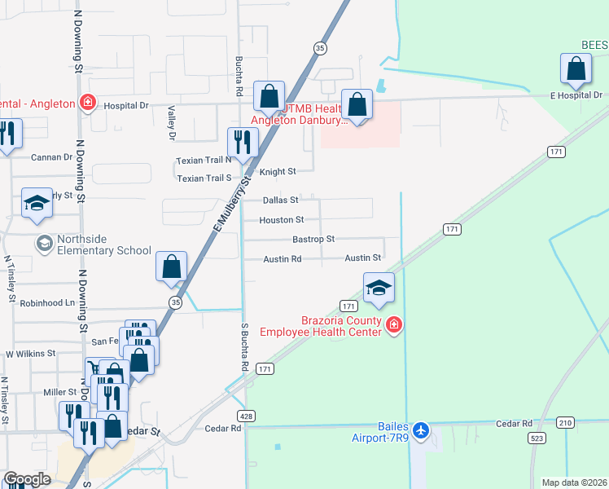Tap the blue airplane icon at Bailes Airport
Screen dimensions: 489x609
coord(420,430)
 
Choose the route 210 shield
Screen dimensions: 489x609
coord(565,422)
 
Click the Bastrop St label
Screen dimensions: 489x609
coord(313,240)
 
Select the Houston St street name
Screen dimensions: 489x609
coord(281,220)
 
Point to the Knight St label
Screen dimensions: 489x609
coord(277,172)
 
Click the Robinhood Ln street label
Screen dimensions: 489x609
coord(47,302)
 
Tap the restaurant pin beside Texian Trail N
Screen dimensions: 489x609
coord(242,143)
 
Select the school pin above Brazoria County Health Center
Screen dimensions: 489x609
coord(378,289)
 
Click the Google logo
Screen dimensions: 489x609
coord(27,479)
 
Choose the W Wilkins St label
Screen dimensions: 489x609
coord(30,355)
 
